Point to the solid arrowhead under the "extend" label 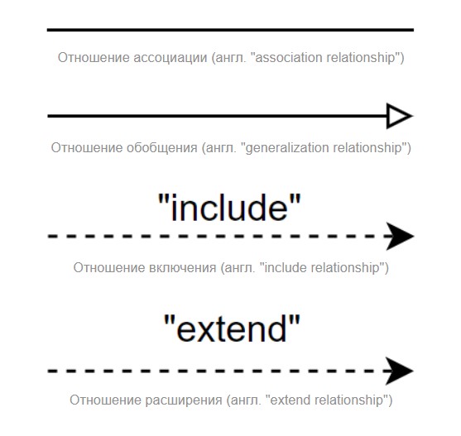point(401,371)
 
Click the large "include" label point(229,207)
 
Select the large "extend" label point(232,328)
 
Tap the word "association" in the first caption point(289,58)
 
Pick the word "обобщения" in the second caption point(162,147)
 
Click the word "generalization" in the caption point(287,148)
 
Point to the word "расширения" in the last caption point(184,400)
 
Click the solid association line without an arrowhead point(230,30)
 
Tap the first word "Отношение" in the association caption point(94,58)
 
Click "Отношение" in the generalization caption point(87,147)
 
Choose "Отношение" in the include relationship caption point(109,268)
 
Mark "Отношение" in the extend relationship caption point(106,400)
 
